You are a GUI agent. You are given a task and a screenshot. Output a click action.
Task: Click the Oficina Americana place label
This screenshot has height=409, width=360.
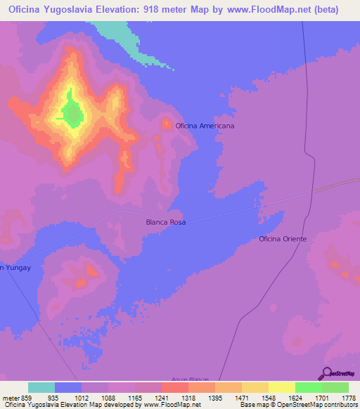(x=205, y=126)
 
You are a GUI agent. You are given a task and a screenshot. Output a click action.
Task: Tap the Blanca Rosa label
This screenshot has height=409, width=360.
(x=166, y=222)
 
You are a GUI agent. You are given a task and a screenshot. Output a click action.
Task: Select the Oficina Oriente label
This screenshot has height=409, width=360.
(x=283, y=239)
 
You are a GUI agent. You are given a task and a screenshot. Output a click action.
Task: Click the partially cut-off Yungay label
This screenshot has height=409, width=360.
(x=14, y=268)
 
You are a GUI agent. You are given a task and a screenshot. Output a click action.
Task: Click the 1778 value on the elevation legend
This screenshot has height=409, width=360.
(x=348, y=397)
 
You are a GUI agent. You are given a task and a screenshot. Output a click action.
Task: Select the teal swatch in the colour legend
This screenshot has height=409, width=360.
(x=41, y=387)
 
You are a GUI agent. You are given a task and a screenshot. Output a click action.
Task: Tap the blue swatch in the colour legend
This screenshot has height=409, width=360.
(x=68, y=387)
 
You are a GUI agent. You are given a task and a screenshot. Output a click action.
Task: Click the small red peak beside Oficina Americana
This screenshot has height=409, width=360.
(x=167, y=124)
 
